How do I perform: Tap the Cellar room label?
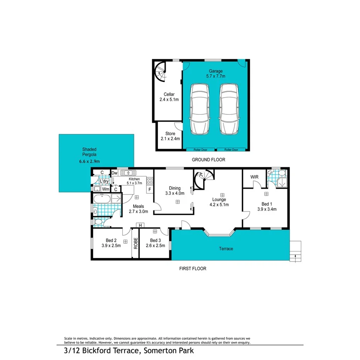[x=169, y=97]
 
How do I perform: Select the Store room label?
[x=170, y=136]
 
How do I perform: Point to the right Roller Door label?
[x=231, y=149]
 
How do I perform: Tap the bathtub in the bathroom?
[x=103, y=200]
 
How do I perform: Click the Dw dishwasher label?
[x=114, y=173]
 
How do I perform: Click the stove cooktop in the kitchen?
[x=150, y=181]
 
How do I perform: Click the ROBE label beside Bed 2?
[x=135, y=245]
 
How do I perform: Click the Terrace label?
[x=226, y=249]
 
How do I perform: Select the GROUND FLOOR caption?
[x=209, y=160]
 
